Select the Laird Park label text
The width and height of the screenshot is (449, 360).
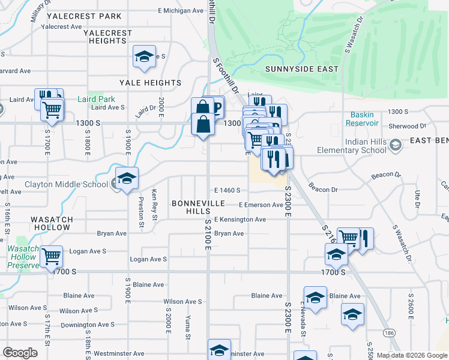pyautogui.click(x=96, y=99)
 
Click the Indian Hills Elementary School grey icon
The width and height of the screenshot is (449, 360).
pyautogui.click(x=395, y=145)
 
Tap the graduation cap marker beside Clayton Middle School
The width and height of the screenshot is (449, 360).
pyautogui.click(x=127, y=179)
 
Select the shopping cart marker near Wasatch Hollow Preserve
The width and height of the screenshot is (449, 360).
pyautogui.click(x=52, y=257)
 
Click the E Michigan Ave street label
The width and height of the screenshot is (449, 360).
pyautogui.click(x=181, y=11)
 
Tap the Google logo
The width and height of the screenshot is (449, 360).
pyautogui.click(x=20, y=353)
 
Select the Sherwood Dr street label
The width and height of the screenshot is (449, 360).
pyautogui.click(x=406, y=126)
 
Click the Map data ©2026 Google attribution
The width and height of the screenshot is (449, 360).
pyautogui.click(x=411, y=355)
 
